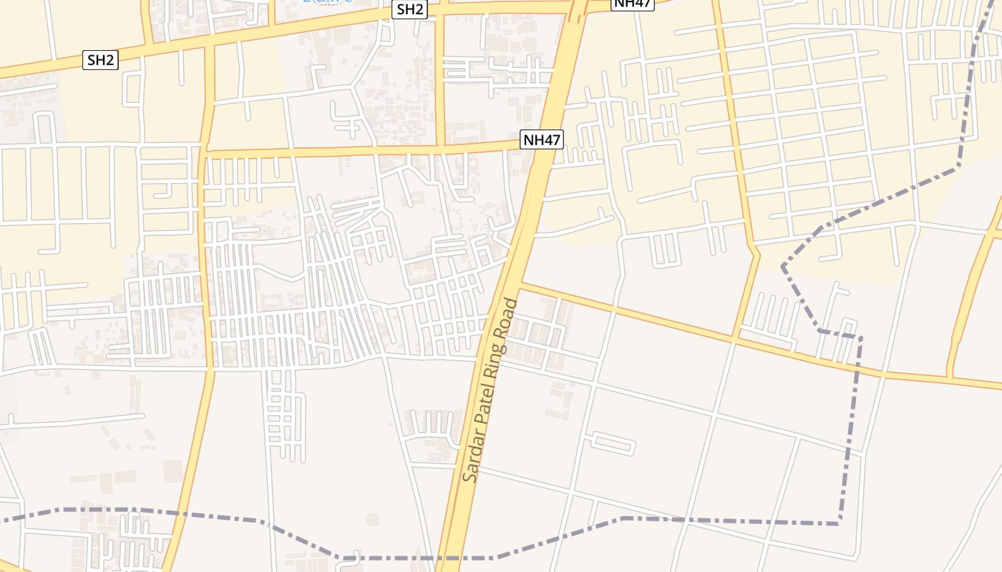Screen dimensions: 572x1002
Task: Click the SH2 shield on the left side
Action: tap(101, 60)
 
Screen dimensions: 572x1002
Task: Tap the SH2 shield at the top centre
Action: tap(411, 9)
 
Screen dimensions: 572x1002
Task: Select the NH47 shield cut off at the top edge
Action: tap(633, 4)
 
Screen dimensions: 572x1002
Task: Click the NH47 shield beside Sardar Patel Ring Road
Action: tap(542, 139)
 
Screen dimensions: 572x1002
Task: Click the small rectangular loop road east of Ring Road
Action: tap(613, 444)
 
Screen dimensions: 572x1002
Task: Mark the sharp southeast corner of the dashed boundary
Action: tap(839, 524)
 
